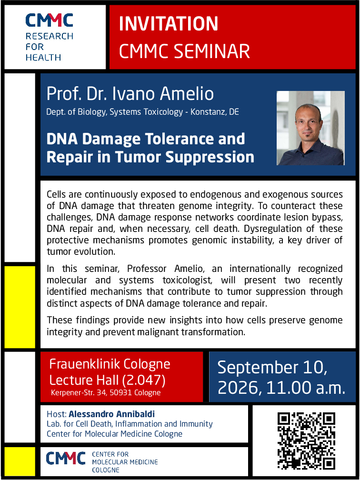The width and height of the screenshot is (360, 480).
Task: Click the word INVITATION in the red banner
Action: tap(169, 24)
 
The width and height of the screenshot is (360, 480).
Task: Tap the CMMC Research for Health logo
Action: tap(49, 37)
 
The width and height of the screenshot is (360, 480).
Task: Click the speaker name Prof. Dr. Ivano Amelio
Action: tap(130, 93)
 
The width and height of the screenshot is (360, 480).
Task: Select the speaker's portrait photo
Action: tap(311, 128)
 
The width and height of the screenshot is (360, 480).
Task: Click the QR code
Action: tap(306, 441)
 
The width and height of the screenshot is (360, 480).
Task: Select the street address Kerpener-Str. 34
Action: tap(78, 393)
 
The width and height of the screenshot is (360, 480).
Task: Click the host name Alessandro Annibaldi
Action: tap(112, 414)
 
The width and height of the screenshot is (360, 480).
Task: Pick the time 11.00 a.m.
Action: tap(306, 387)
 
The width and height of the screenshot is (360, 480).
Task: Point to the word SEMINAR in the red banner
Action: tap(212, 51)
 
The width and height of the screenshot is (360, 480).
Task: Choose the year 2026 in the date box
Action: tap(239, 388)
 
